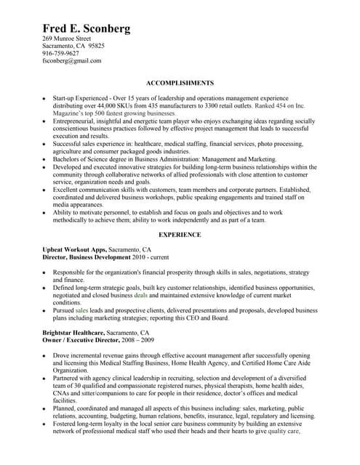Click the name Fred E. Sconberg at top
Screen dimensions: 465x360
click(87, 28)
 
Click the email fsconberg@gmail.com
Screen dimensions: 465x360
click(72, 61)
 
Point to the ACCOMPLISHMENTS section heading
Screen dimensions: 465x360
click(180, 84)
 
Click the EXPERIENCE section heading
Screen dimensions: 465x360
click(180, 235)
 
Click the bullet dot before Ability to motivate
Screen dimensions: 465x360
click(43, 211)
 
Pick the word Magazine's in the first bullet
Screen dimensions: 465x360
click(70, 114)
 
